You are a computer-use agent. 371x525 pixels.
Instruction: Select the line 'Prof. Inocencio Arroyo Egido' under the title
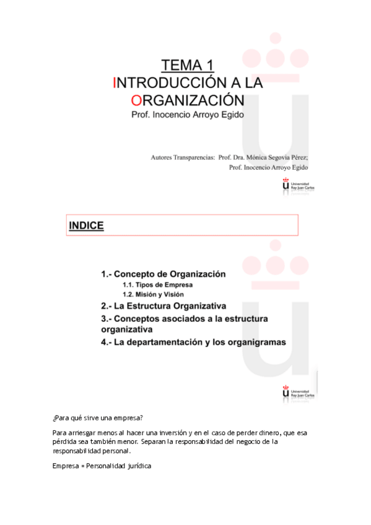click(x=188, y=115)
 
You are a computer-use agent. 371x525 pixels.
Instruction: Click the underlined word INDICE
click(x=86, y=226)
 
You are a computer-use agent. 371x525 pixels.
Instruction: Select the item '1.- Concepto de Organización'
click(x=163, y=274)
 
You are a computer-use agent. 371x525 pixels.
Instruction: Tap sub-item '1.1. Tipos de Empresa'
click(x=157, y=285)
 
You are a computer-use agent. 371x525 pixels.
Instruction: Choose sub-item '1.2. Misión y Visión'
click(x=153, y=295)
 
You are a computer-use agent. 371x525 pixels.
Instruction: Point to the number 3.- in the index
click(x=108, y=318)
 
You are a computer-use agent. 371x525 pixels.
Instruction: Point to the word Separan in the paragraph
click(x=154, y=442)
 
